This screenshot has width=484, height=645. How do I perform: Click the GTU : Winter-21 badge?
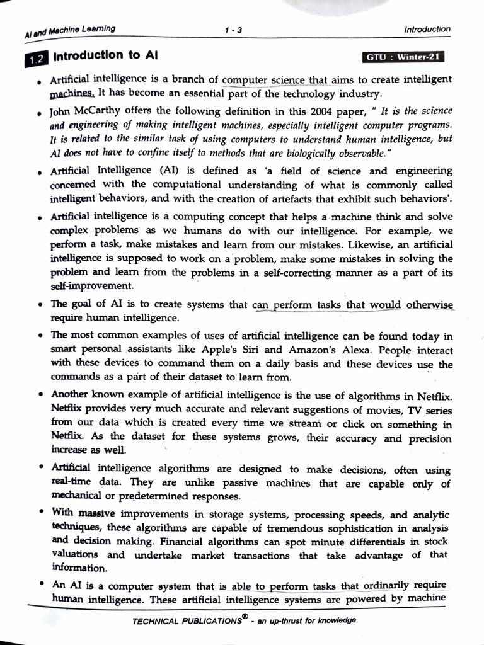[x=404, y=57]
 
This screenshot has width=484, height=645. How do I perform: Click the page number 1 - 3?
[x=233, y=29]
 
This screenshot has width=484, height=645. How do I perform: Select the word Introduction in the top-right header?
[x=427, y=29]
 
